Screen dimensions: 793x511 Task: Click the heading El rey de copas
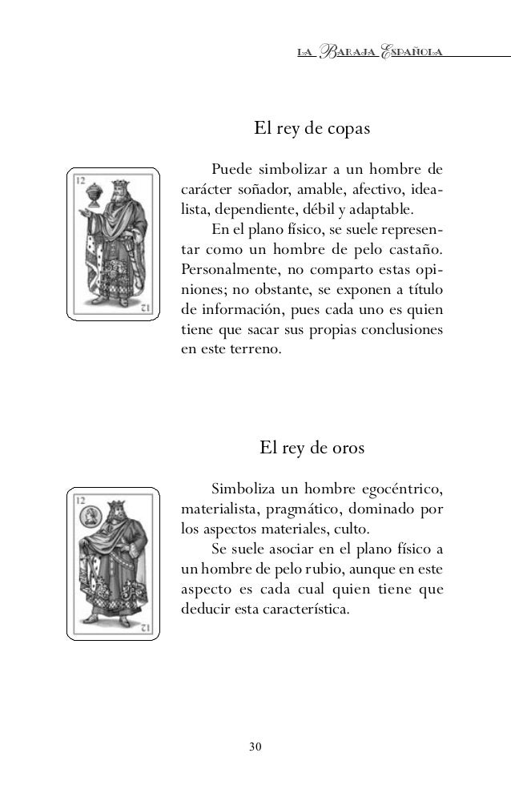pyautogui.click(x=312, y=128)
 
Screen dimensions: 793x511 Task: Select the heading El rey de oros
pyautogui.click(x=312, y=447)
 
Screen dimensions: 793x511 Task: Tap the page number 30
pyautogui.click(x=255, y=747)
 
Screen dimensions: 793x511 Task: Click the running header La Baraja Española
pyautogui.click(x=370, y=53)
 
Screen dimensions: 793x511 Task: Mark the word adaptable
pyautogui.click(x=384, y=211)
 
